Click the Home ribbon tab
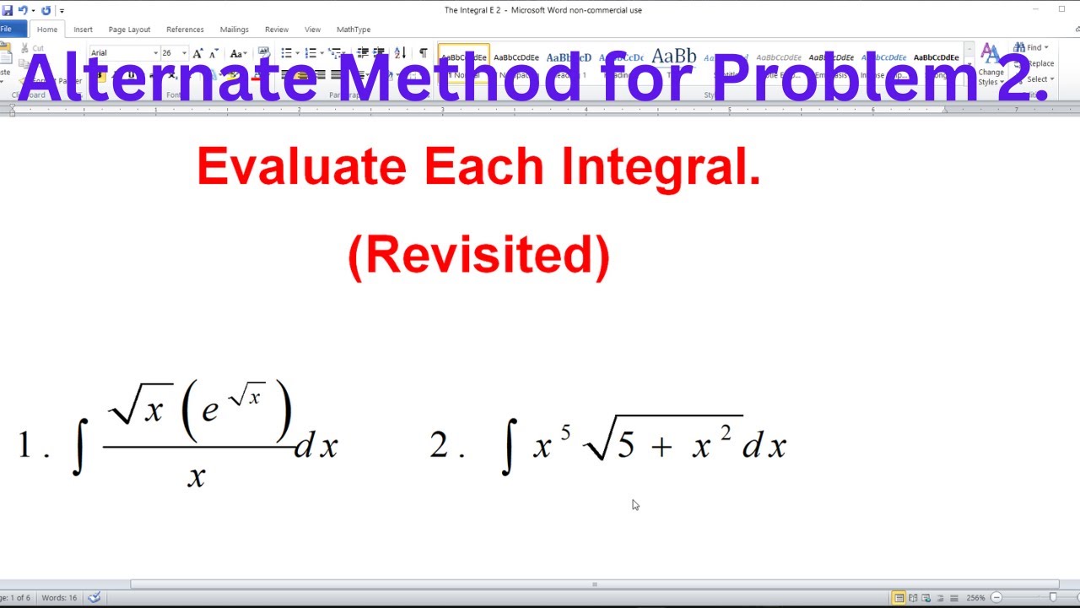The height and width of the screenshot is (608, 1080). click(x=47, y=30)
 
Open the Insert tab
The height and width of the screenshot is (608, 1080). click(x=83, y=30)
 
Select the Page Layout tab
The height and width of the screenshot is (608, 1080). click(x=129, y=30)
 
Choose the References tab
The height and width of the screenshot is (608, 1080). click(x=185, y=30)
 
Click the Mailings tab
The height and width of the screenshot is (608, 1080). click(x=234, y=30)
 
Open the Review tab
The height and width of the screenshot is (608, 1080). click(x=276, y=30)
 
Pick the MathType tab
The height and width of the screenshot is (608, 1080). click(x=354, y=30)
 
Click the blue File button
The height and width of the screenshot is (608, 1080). click(x=8, y=30)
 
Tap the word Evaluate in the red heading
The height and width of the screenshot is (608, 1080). click(x=301, y=166)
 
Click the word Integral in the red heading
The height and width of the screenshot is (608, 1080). click(x=661, y=166)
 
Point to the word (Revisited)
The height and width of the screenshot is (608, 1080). click(x=478, y=254)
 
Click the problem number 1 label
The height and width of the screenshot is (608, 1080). click(x=24, y=445)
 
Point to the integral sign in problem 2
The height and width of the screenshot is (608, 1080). click(x=507, y=448)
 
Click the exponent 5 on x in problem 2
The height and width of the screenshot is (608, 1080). click(x=565, y=433)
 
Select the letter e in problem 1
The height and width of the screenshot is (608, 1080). click(x=210, y=410)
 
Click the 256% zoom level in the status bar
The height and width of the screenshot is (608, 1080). click(x=975, y=598)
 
